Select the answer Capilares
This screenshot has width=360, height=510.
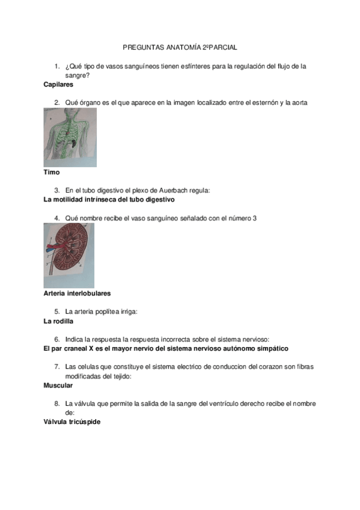tap(58, 85)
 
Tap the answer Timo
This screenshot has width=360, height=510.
tap(52, 173)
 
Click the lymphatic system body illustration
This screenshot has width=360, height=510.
tap(70, 138)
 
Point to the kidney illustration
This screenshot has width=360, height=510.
tap(69, 256)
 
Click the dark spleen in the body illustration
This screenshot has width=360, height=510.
tap(75, 142)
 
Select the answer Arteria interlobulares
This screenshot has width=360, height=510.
tap(77, 293)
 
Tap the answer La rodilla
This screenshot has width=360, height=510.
tap(58, 321)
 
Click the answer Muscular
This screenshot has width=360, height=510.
tap(58, 386)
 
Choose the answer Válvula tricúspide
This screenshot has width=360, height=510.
tap(72, 422)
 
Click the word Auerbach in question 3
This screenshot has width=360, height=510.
tap(171, 191)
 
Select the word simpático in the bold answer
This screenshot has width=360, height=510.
tap(273, 349)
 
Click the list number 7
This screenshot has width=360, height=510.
tap(57, 367)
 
